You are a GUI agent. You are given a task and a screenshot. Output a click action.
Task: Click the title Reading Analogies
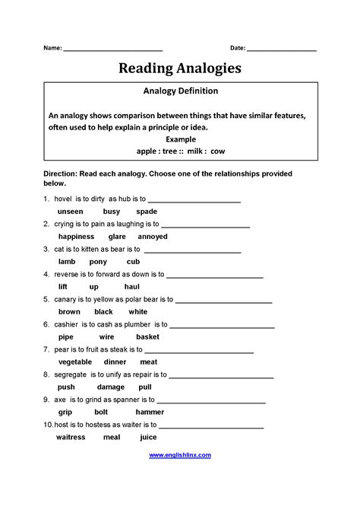pyautogui.click(x=180, y=69)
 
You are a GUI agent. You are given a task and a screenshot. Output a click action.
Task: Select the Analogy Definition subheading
pyautogui.click(x=180, y=91)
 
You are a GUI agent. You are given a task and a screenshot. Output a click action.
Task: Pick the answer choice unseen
pyautogui.click(x=71, y=211)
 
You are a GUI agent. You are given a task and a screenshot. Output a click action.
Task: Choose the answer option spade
pyautogui.click(x=147, y=211)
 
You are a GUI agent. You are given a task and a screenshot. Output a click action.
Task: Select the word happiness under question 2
pyautogui.click(x=76, y=236)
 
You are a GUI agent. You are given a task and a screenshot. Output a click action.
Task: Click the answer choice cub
pyautogui.click(x=133, y=261)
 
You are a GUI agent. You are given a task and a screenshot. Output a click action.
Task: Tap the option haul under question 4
pyautogui.click(x=131, y=286)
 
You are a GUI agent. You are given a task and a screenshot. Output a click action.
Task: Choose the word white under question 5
pyautogui.click(x=138, y=311)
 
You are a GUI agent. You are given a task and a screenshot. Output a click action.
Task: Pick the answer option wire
pyautogui.click(x=106, y=336)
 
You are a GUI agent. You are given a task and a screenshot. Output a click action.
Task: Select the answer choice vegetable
pyautogui.click(x=75, y=362)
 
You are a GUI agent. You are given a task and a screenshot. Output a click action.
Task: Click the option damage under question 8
pyautogui.click(x=111, y=387)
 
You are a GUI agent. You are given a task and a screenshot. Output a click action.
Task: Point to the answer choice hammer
pyautogui.click(x=150, y=412)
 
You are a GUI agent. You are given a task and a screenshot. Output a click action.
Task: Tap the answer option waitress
pyautogui.click(x=71, y=437)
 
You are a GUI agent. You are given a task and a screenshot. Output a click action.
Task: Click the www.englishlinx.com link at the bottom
pyautogui.click(x=180, y=455)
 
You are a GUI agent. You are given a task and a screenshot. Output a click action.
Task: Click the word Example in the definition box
pyautogui.click(x=180, y=139)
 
